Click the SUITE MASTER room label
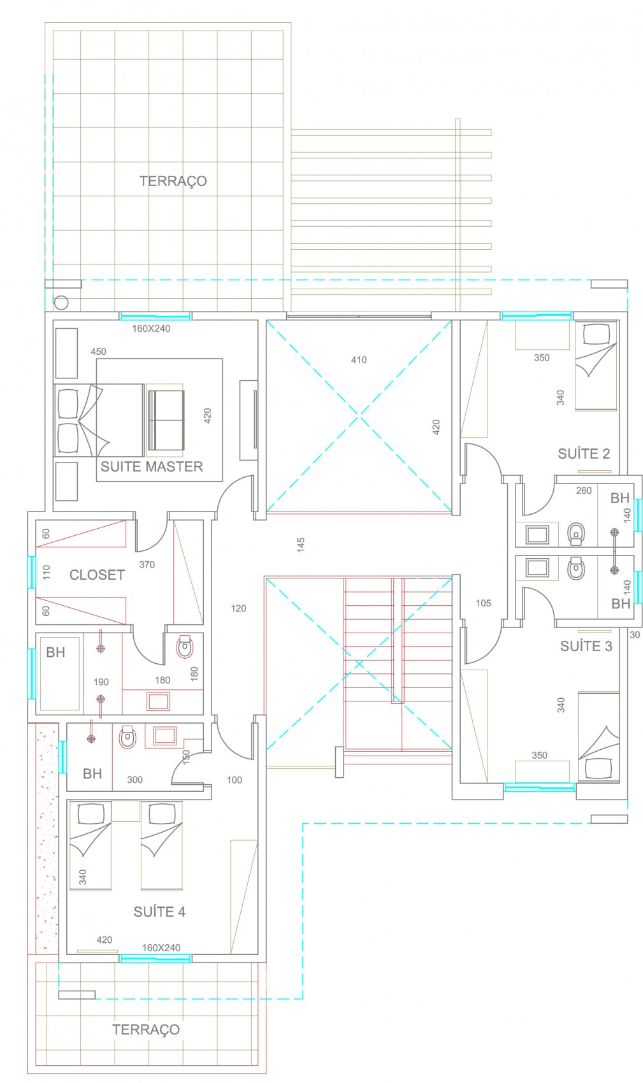click(152, 466)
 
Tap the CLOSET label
click(97, 575)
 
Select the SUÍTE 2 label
click(584, 454)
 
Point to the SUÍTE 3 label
click(586, 646)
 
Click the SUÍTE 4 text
click(159, 912)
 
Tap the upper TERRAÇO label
click(173, 182)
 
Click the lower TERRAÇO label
click(146, 1030)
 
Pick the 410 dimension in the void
click(359, 360)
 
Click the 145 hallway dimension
click(301, 545)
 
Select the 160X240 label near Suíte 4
click(161, 948)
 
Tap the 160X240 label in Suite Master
click(151, 329)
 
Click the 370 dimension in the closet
click(147, 564)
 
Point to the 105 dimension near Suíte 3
click(484, 603)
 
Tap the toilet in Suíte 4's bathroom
click(127, 737)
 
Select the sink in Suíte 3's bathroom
click(537, 568)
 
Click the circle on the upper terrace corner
click(61, 303)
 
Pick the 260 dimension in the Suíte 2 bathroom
click(584, 491)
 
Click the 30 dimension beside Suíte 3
click(635, 635)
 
